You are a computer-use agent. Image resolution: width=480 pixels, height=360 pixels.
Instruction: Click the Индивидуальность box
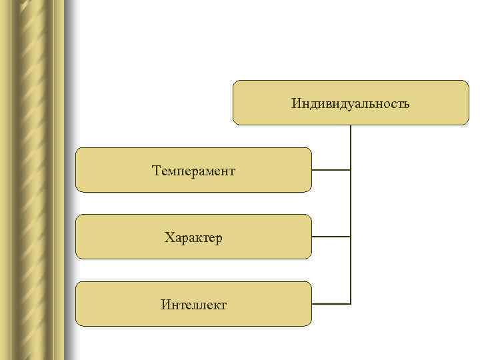(x=351, y=103)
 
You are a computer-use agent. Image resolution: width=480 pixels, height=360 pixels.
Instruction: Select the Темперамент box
(x=193, y=170)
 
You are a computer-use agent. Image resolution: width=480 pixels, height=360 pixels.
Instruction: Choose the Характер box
(x=193, y=237)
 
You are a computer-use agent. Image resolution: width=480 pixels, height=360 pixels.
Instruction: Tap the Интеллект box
(x=193, y=304)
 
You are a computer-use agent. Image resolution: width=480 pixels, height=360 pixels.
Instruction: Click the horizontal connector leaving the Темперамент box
(x=331, y=170)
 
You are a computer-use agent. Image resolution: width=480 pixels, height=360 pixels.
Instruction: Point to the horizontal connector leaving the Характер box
(x=331, y=237)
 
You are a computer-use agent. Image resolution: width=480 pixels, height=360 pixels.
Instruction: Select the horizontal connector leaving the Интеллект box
(x=331, y=304)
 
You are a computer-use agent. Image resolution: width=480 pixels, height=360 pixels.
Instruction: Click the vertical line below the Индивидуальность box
(x=351, y=147)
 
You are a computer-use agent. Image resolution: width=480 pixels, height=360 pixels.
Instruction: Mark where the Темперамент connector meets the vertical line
(x=351, y=170)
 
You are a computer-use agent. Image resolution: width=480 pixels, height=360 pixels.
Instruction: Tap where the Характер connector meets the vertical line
(x=351, y=237)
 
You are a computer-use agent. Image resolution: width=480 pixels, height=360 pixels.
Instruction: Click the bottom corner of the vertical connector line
(x=351, y=304)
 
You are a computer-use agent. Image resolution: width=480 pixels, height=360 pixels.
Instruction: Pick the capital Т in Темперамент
(x=156, y=171)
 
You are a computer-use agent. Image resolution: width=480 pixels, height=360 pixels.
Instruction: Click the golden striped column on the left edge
(x=33, y=180)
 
